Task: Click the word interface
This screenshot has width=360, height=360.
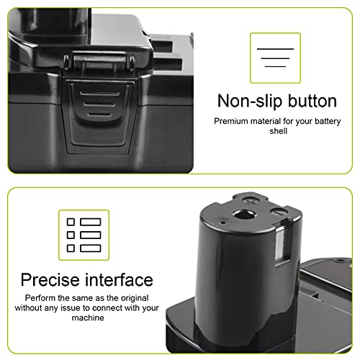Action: tap(117, 279)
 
